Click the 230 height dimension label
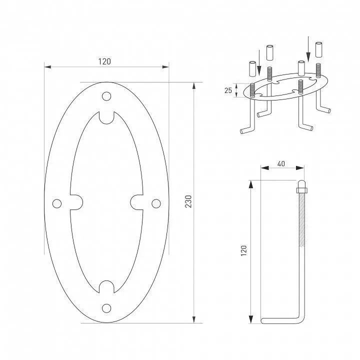pos(188,201)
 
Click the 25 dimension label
pos(228,90)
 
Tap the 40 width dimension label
pos(281,163)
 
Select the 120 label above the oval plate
pos(104,61)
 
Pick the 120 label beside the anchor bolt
pos(243,250)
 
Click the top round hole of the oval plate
pos(106,96)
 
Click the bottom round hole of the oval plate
pos(106,308)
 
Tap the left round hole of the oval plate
pos(57,203)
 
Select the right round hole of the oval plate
pos(156,203)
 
